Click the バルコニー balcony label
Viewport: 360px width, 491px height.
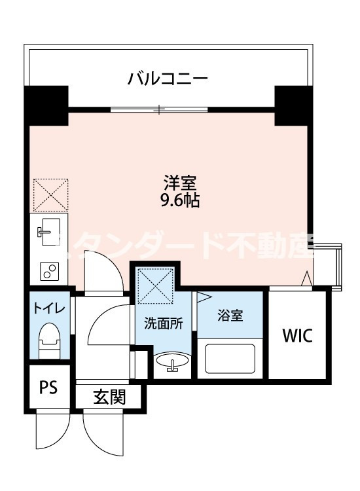click(168, 81)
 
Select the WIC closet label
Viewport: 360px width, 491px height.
click(298, 336)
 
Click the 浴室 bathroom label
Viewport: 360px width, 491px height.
click(230, 316)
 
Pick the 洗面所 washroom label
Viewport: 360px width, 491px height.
click(163, 323)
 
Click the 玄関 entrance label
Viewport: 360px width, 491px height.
click(109, 397)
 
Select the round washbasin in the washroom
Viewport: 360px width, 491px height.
click(173, 361)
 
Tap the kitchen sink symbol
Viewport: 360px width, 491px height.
click(48, 230)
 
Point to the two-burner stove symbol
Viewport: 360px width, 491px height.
click(48, 270)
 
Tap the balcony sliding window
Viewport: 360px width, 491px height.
click(159, 109)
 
